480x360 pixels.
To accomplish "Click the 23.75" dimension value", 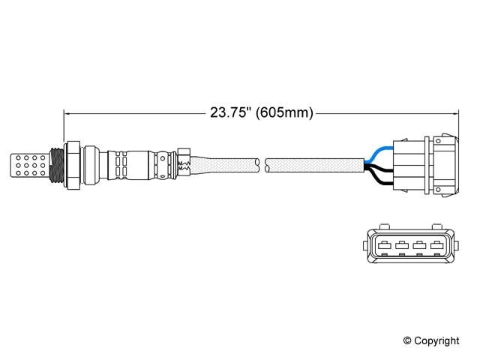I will tap(229, 113).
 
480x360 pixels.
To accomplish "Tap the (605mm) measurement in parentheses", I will tap(284, 113).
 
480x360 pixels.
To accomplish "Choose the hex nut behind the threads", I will tap(72, 165).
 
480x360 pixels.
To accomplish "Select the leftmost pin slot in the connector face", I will tap(379, 244).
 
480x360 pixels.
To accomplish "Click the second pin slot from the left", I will tap(398, 244).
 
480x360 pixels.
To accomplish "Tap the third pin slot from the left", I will tap(417, 244).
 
